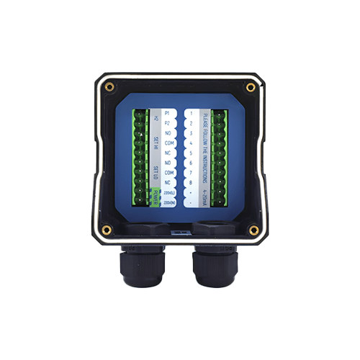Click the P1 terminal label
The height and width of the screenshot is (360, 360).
[x=167, y=114]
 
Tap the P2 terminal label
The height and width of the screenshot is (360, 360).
[x=167, y=123]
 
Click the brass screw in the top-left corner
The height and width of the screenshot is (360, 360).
[x=109, y=87]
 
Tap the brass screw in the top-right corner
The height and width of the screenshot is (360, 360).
[x=251, y=87]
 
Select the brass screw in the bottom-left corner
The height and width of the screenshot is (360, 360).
[x=107, y=230]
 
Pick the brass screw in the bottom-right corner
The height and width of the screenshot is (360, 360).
[x=253, y=230]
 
